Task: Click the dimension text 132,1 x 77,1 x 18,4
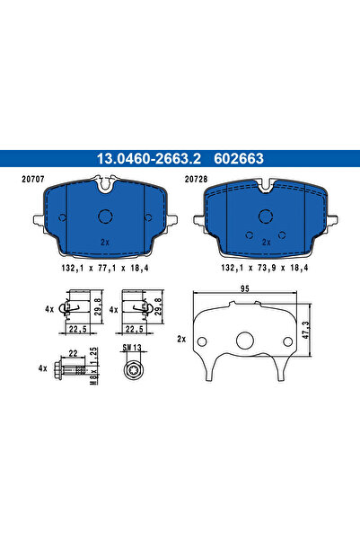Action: [104, 269]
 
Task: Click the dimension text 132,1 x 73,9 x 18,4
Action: [265, 269]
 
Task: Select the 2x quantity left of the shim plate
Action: [183, 341]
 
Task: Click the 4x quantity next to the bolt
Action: [41, 368]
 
